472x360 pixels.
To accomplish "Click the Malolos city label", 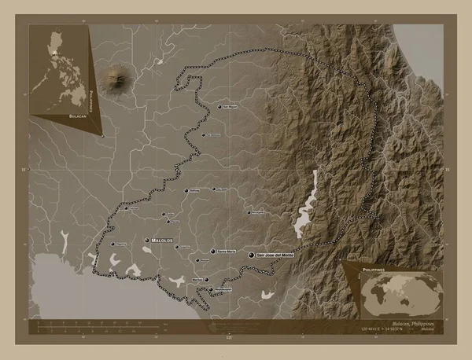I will (163, 241).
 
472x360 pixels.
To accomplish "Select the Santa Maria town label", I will (226, 252).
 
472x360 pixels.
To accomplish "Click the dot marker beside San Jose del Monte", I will (251, 256).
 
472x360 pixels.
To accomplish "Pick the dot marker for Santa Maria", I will (213, 252).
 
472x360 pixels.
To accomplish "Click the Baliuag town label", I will (201, 190).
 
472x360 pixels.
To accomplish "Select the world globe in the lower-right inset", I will (400, 290).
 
